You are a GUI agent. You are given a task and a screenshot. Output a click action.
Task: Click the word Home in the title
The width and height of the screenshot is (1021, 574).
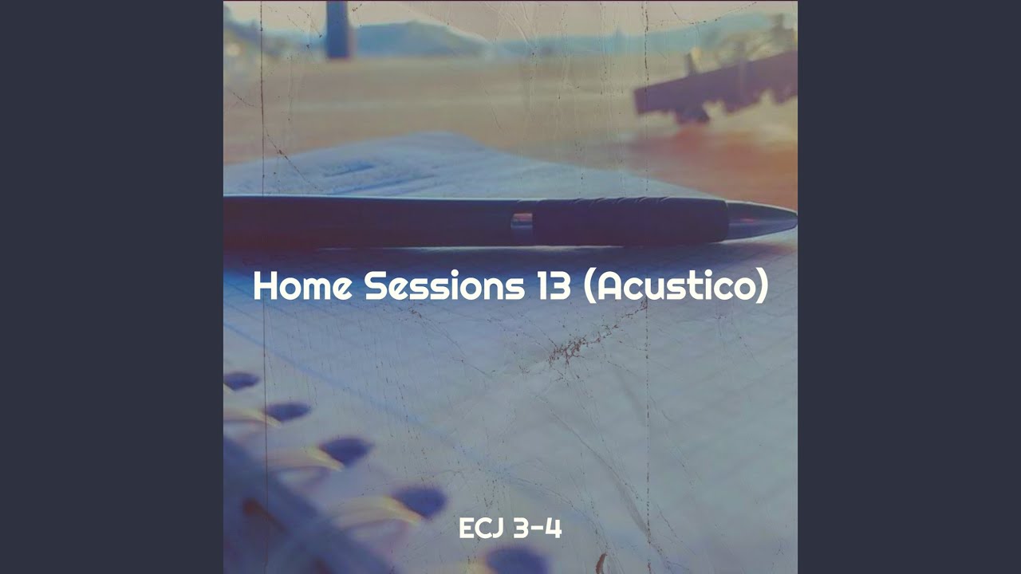tap(302, 286)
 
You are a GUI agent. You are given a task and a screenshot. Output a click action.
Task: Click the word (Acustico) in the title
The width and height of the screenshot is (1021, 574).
tap(676, 286)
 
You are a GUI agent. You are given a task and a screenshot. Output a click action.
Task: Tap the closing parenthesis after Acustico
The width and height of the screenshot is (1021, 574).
tap(762, 286)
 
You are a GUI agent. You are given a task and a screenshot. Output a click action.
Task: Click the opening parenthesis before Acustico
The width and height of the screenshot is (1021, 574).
tap(589, 286)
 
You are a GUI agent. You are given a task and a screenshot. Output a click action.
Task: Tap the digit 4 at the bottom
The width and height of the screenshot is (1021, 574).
tap(554, 528)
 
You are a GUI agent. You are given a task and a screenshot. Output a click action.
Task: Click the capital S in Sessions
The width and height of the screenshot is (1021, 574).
tap(374, 286)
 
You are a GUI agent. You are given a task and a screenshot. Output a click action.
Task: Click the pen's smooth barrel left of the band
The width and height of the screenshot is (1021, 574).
tap(367, 221)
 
